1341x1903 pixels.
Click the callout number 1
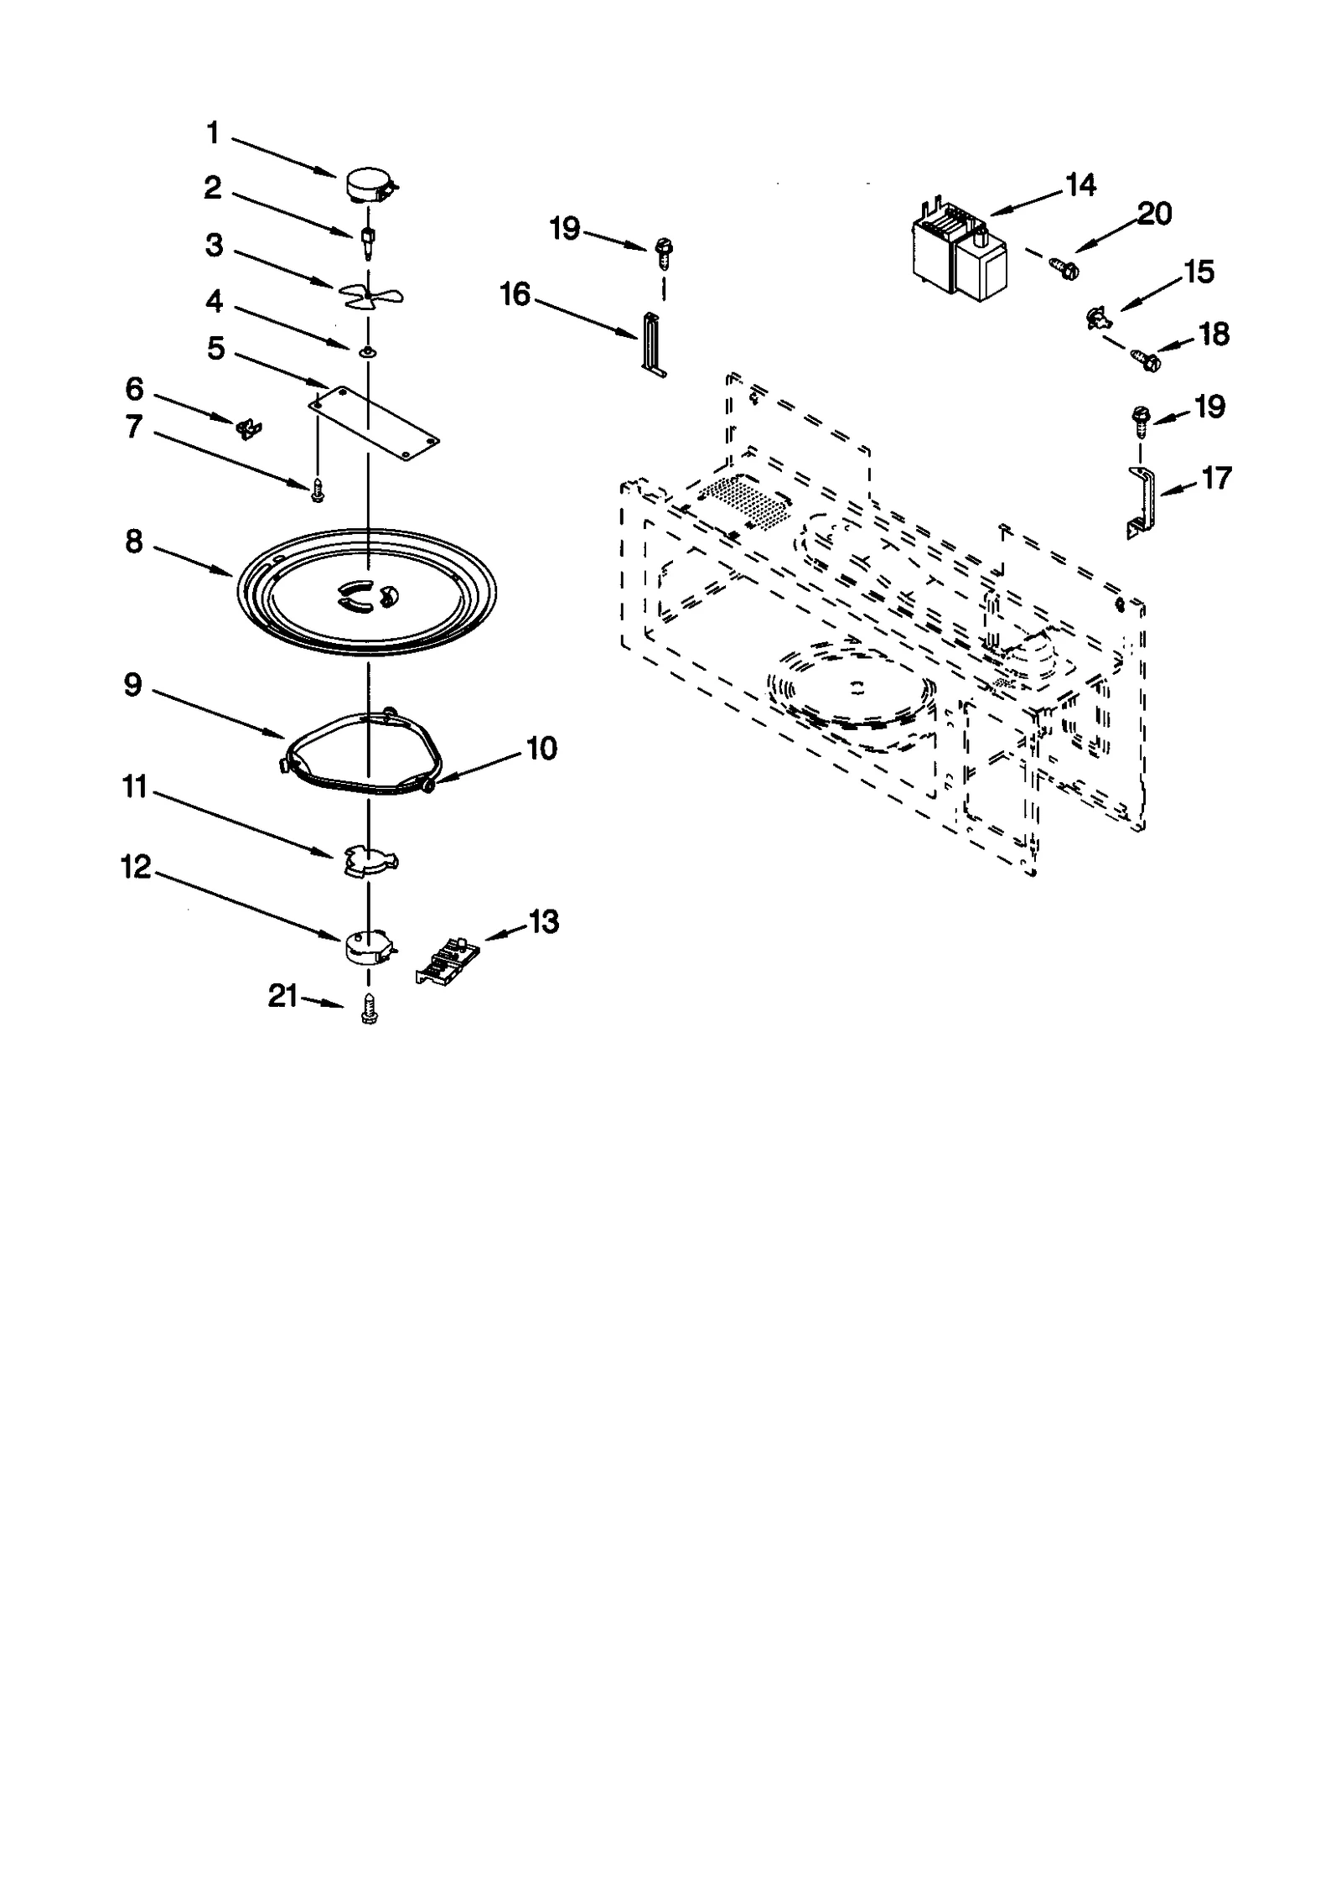click(213, 132)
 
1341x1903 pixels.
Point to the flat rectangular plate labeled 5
click(374, 423)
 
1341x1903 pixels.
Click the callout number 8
click(134, 542)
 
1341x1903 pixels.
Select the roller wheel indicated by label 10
click(428, 784)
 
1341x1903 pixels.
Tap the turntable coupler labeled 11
click(370, 860)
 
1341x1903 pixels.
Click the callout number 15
click(1199, 272)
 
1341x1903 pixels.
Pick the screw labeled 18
click(1147, 360)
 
